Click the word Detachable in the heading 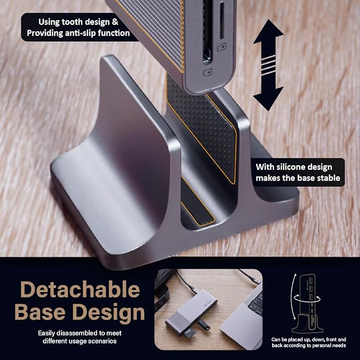(x=80, y=289)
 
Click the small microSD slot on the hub (x=222, y=21)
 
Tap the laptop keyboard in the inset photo (x=257, y=303)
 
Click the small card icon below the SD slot (x=208, y=72)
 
